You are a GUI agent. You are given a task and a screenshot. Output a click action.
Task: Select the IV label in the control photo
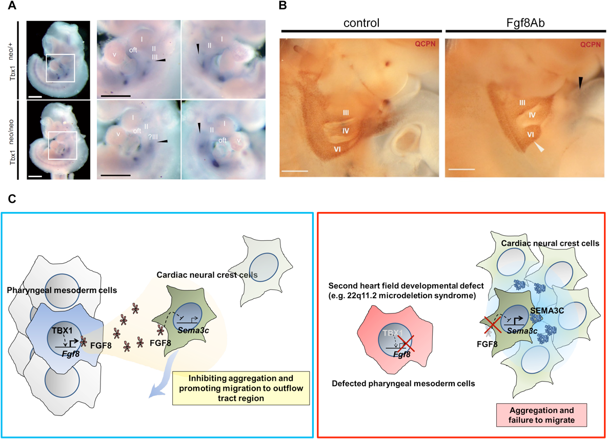point(346,131)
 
